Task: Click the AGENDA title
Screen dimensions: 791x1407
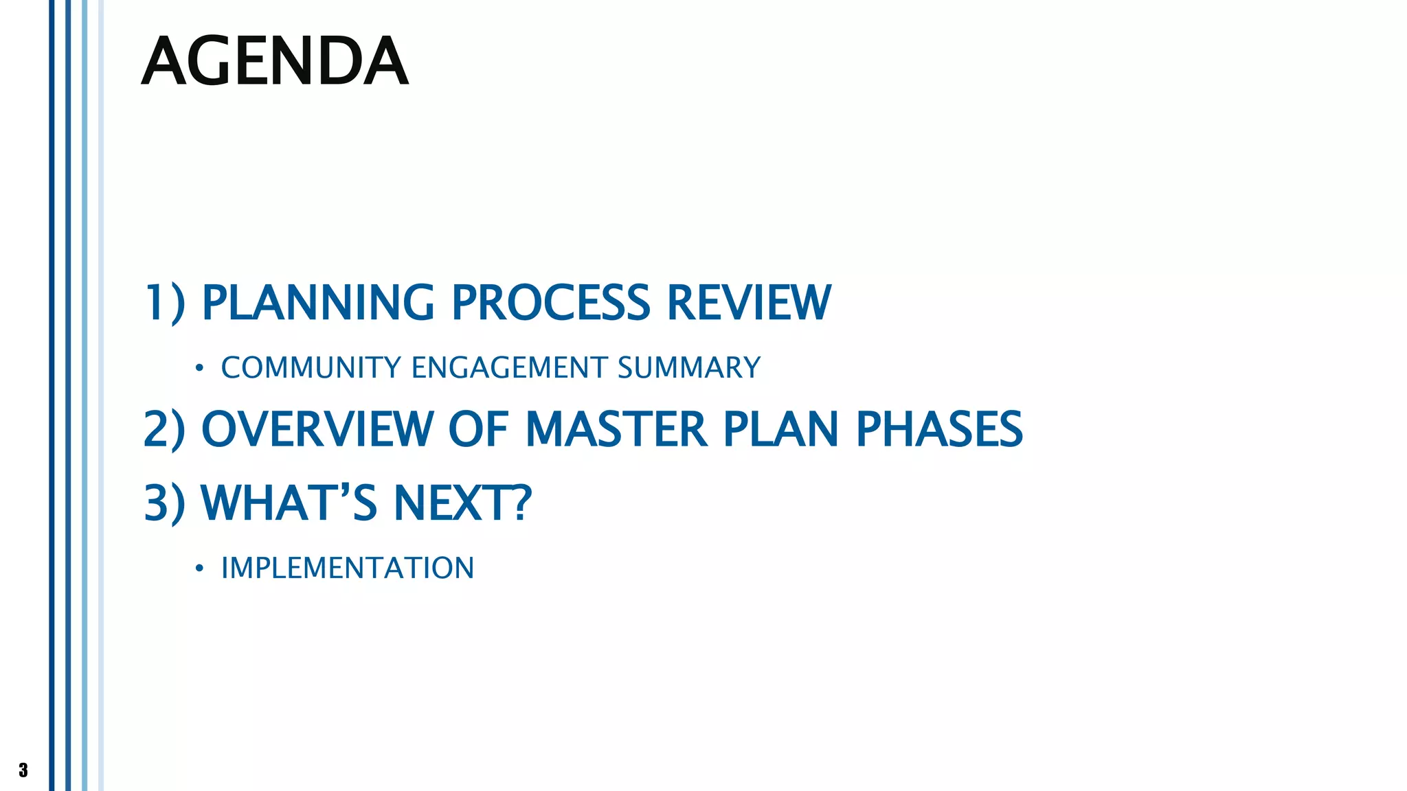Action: click(275, 62)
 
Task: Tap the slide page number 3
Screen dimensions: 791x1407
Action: click(23, 770)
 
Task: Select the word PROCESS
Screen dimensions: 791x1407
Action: click(550, 303)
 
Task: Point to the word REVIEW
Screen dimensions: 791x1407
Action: click(749, 303)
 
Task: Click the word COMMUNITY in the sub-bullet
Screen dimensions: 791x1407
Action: click(311, 368)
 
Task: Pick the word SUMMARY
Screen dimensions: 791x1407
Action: click(689, 368)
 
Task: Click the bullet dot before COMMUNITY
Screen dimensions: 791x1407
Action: click(199, 369)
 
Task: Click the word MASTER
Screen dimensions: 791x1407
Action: click(616, 429)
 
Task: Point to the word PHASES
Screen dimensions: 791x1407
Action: click(939, 429)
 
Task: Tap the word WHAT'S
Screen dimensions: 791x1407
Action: click(289, 503)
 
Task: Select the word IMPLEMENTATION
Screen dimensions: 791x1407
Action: click(348, 569)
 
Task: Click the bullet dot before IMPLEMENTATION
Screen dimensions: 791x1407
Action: click(199, 569)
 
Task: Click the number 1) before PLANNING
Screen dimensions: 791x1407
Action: click(165, 303)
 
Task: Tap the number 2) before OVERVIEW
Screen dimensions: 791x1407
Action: click(165, 429)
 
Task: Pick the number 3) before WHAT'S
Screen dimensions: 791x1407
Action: click(165, 503)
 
